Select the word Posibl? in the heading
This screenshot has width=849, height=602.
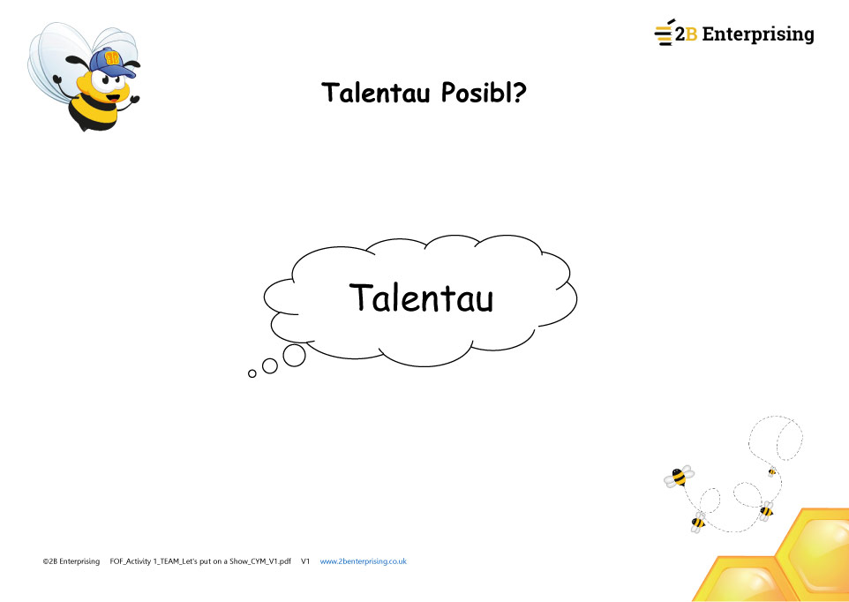coord(484,93)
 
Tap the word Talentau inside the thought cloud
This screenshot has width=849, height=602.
coord(421,297)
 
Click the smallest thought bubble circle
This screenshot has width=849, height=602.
coord(252,373)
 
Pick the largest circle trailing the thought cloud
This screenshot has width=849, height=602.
coord(294,355)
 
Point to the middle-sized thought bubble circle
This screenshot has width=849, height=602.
coord(270,366)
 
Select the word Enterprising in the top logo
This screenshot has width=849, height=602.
coord(758,34)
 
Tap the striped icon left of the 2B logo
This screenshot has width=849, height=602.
coord(665,34)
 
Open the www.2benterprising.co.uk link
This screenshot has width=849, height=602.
coord(364,561)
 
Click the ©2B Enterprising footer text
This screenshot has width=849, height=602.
coord(71,561)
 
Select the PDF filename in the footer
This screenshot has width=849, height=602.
coord(200,561)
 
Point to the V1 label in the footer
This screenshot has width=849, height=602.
coord(305,561)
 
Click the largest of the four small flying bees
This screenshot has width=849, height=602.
coord(679,477)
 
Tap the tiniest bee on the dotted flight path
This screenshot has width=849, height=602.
coord(772,471)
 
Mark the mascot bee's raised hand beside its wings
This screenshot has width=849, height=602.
coord(56,79)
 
